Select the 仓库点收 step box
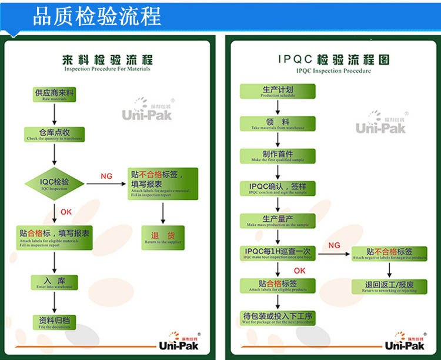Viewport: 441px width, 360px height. (54, 134)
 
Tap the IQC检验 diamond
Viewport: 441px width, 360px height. (55, 184)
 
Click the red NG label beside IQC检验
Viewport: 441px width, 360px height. (106, 176)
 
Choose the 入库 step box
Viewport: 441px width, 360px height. (54, 282)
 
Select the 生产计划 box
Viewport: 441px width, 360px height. (278, 91)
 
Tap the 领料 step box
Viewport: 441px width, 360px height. (278, 124)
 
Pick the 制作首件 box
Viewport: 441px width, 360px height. (278, 155)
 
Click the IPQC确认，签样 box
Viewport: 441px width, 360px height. (278, 188)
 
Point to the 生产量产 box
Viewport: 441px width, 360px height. (278, 221)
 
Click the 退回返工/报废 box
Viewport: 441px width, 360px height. (390, 286)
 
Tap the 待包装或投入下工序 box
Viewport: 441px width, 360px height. (278, 318)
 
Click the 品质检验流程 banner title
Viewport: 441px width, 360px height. (96, 16)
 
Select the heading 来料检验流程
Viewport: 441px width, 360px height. (107, 61)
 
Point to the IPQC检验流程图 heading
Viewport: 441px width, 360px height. (333, 61)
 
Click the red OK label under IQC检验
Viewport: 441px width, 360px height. (66, 212)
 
